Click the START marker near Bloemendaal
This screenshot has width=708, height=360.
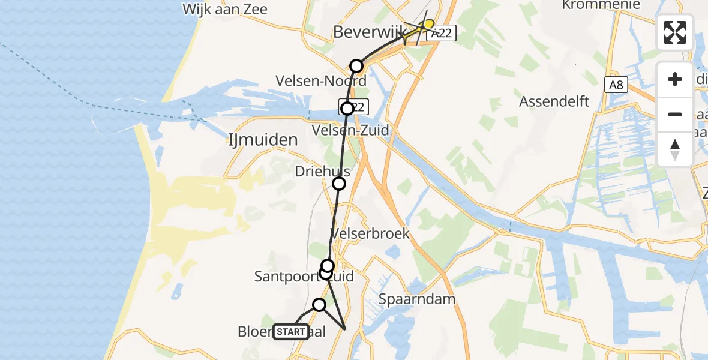pyautogui.click(x=291, y=332)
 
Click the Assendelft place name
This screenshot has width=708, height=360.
pyautogui.click(x=554, y=101)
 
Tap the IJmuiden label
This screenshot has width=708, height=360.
pyautogui.click(x=263, y=140)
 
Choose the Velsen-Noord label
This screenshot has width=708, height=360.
pyautogui.click(x=320, y=80)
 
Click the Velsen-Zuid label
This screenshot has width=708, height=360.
pyautogui.click(x=350, y=130)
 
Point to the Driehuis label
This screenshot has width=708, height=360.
pyautogui.click(x=322, y=172)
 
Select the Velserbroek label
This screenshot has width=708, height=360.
pyautogui.click(x=370, y=233)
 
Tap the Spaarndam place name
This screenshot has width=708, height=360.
pyautogui.click(x=417, y=299)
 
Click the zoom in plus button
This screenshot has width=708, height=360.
pyautogui.click(x=675, y=79)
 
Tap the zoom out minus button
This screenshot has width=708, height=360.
pyautogui.click(x=675, y=114)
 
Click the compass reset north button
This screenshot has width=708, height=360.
pyautogui.click(x=675, y=149)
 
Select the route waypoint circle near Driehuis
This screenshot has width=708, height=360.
pyautogui.click(x=339, y=184)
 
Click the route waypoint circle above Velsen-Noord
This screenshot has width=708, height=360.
pyautogui.click(x=356, y=65)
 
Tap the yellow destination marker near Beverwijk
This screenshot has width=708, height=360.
pyautogui.click(x=428, y=23)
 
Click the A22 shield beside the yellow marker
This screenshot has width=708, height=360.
pyautogui.click(x=442, y=34)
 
